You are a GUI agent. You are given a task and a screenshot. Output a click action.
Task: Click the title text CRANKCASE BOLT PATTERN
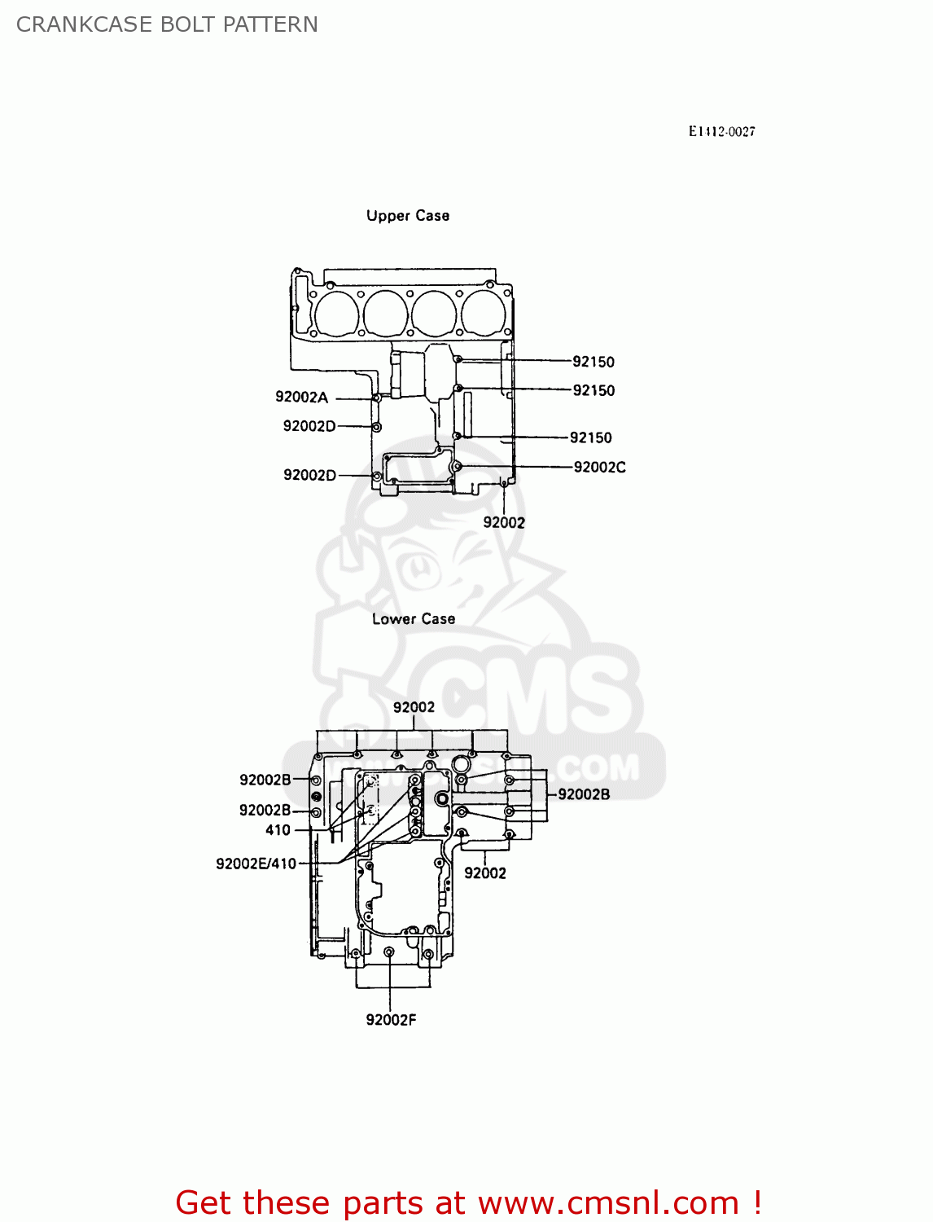point(167,24)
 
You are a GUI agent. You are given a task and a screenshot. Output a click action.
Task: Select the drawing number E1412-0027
point(721,132)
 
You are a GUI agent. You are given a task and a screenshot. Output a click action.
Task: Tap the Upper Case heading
point(407,216)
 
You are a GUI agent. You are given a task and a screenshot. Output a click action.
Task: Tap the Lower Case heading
point(413,619)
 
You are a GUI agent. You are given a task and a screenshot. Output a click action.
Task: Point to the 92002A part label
point(301,398)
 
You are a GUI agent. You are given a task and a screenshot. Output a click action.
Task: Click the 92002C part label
point(599,467)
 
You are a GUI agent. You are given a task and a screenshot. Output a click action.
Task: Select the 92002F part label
point(391,1020)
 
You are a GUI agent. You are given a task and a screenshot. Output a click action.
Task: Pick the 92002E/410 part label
point(256,864)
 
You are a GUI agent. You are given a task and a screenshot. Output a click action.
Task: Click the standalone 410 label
point(278,830)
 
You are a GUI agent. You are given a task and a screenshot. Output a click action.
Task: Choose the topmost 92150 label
point(593,362)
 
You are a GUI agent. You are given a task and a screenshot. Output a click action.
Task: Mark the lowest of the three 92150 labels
point(590,438)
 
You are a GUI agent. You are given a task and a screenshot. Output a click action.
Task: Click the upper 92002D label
point(309,426)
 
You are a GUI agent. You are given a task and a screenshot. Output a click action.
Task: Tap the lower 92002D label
point(309,475)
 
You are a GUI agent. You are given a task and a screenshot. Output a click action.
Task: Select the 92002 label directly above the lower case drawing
point(414,707)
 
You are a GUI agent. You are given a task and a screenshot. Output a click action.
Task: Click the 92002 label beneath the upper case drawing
point(504,523)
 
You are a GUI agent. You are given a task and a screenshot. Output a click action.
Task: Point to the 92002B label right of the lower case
point(583,794)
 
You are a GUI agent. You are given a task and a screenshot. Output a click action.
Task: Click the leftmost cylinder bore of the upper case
point(336,313)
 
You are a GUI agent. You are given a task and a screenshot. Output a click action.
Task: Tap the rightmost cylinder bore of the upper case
point(484,313)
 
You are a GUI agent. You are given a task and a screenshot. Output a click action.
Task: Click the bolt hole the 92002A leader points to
point(376,398)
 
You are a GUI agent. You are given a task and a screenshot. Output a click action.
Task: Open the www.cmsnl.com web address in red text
point(608,1203)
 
